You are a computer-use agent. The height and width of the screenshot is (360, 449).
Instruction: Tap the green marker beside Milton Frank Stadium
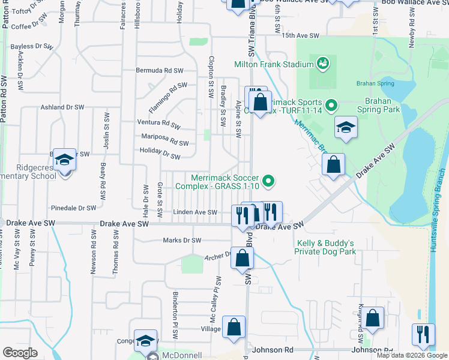pos(323,63)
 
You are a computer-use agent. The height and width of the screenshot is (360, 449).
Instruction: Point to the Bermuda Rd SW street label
pos(159,70)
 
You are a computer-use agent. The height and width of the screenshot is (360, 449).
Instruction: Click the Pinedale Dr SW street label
pos(74,208)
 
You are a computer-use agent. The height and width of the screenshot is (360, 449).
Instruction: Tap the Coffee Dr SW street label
pos(29,26)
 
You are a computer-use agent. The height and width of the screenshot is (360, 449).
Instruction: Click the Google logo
pos(20,353)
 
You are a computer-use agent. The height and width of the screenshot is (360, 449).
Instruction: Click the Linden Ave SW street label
pos(194,212)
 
